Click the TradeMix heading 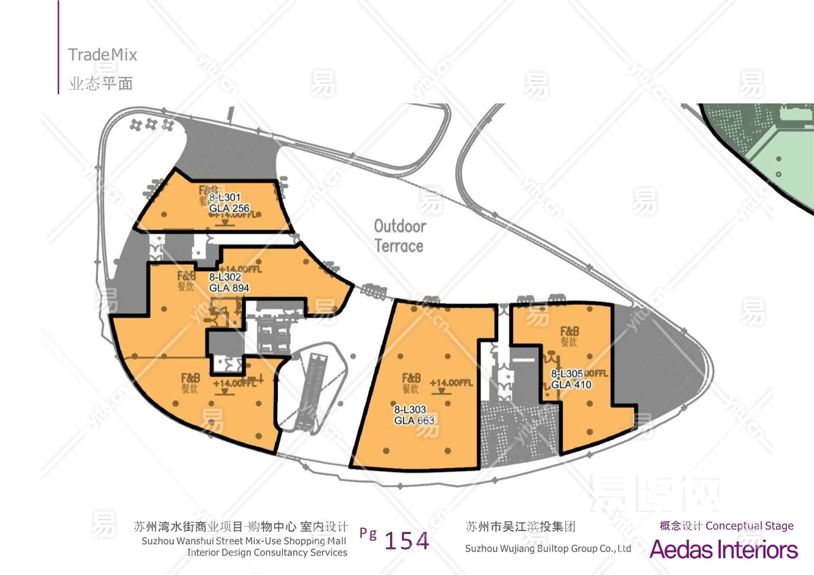(x=102, y=54)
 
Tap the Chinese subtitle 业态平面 (x=101, y=83)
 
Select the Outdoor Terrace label (x=399, y=236)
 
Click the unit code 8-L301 (x=224, y=197)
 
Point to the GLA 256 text (x=229, y=208)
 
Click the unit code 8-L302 (x=225, y=277)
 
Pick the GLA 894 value (x=229, y=288)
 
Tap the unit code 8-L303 (x=410, y=409)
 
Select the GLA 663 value (x=414, y=420)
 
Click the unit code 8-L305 (x=567, y=374)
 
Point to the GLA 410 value (x=571, y=385)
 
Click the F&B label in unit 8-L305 (x=569, y=331)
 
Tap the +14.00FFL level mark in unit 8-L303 (x=451, y=383)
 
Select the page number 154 (x=406, y=540)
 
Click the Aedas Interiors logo (x=723, y=550)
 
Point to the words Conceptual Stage (x=749, y=526)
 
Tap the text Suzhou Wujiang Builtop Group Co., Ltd (x=548, y=549)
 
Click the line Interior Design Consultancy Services (x=267, y=553)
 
